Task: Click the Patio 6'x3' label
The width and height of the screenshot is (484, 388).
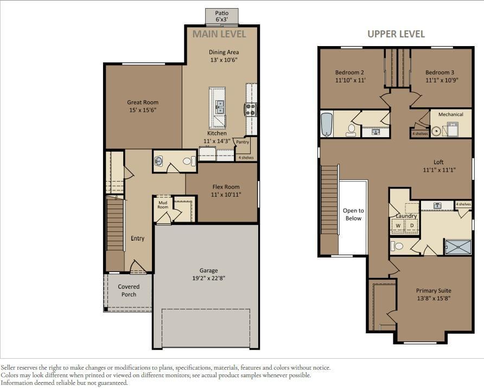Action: (x=221, y=16)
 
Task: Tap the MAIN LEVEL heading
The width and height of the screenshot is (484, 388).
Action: (x=219, y=34)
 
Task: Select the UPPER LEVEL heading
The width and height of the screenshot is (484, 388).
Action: (x=396, y=34)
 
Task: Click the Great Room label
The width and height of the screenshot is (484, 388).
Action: (x=143, y=102)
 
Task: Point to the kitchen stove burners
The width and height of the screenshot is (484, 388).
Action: (x=250, y=109)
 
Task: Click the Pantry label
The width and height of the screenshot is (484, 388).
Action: (x=243, y=142)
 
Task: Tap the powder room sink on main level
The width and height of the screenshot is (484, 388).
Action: (x=158, y=161)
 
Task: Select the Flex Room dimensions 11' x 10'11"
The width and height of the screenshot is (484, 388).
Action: (x=226, y=195)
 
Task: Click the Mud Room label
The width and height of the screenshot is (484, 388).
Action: (x=163, y=205)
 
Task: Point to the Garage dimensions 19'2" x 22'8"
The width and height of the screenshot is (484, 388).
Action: (x=209, y=279)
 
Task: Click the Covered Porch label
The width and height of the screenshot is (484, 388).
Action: (x=129, y=290)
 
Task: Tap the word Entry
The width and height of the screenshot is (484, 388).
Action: (x=137, y=238)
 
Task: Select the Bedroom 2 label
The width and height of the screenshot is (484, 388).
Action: (x=349, y=73)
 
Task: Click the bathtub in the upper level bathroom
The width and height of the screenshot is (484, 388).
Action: (x=327, y=124)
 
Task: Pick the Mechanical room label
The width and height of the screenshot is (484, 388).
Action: (x=451, y=114)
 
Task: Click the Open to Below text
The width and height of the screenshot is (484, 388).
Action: (x=353, y=215)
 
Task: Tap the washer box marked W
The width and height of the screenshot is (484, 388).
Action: (x=398, y=225)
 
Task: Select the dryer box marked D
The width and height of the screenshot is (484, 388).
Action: (x=411, y=225)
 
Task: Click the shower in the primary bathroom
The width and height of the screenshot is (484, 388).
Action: (x=458, y=247)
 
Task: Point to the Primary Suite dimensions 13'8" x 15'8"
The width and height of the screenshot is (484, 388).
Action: (x=434, y=299)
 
